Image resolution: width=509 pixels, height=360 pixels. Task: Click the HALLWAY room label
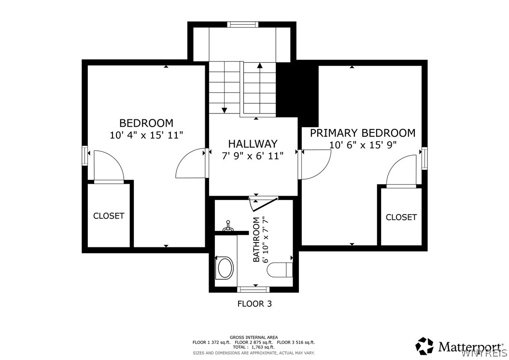[253, 144]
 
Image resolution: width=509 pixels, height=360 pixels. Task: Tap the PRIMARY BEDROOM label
[363, 133]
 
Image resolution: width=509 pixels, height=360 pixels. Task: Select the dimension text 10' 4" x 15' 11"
[146, 135]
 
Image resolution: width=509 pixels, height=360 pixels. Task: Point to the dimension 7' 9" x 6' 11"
[253, 156]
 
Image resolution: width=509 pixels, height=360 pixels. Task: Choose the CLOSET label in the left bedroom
[109, 216]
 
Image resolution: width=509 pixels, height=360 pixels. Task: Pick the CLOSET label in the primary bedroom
[401, 217]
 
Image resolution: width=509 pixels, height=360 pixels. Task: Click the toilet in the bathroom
[280, 270]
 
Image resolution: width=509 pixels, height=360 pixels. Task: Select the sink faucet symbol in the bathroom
[228, 226]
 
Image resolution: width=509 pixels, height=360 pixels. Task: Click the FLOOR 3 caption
[254, 304]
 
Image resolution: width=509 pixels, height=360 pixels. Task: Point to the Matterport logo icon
[425, 346]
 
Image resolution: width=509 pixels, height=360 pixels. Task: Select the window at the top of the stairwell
[242, 24]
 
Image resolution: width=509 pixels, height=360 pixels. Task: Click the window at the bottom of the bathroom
[253, 289]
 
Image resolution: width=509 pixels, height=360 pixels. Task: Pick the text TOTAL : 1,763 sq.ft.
[254, 347]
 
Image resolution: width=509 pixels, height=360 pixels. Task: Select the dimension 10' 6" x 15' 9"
[363, 144]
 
